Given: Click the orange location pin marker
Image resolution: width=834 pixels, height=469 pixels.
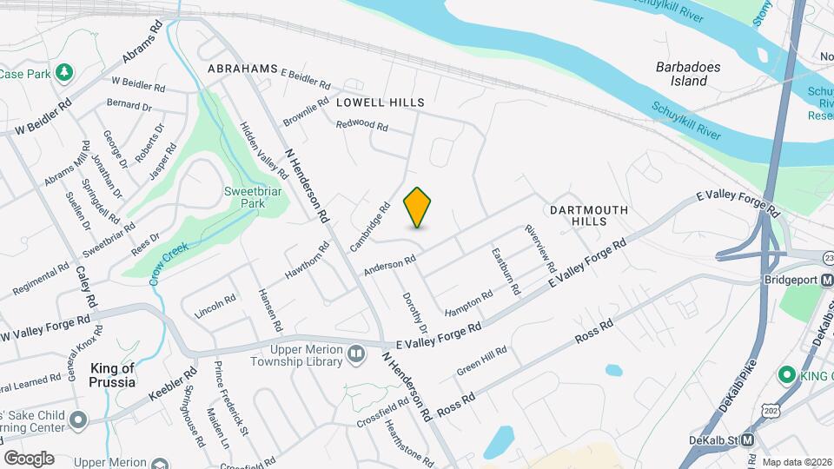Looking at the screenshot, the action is pos(418,207).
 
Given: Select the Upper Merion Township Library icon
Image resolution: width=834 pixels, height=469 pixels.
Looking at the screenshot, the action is pos(355,353).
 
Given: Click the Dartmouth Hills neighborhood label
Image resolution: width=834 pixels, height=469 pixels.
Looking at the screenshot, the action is pos(576,215).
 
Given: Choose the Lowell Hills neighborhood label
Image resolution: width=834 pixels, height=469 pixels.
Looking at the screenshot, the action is pos(380,102).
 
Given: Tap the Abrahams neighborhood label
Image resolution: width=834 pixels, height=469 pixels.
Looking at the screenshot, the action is pos(242,69).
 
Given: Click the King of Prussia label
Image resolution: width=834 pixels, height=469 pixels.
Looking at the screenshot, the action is pos(113,375).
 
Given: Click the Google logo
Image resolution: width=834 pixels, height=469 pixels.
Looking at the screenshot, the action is pos(29,458).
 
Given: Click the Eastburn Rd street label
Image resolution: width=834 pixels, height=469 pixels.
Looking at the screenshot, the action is pos(505,271).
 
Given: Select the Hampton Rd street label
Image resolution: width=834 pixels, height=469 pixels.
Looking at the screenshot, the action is pos(469,301).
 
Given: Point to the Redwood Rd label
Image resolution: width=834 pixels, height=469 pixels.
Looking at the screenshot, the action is pos(361,125).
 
